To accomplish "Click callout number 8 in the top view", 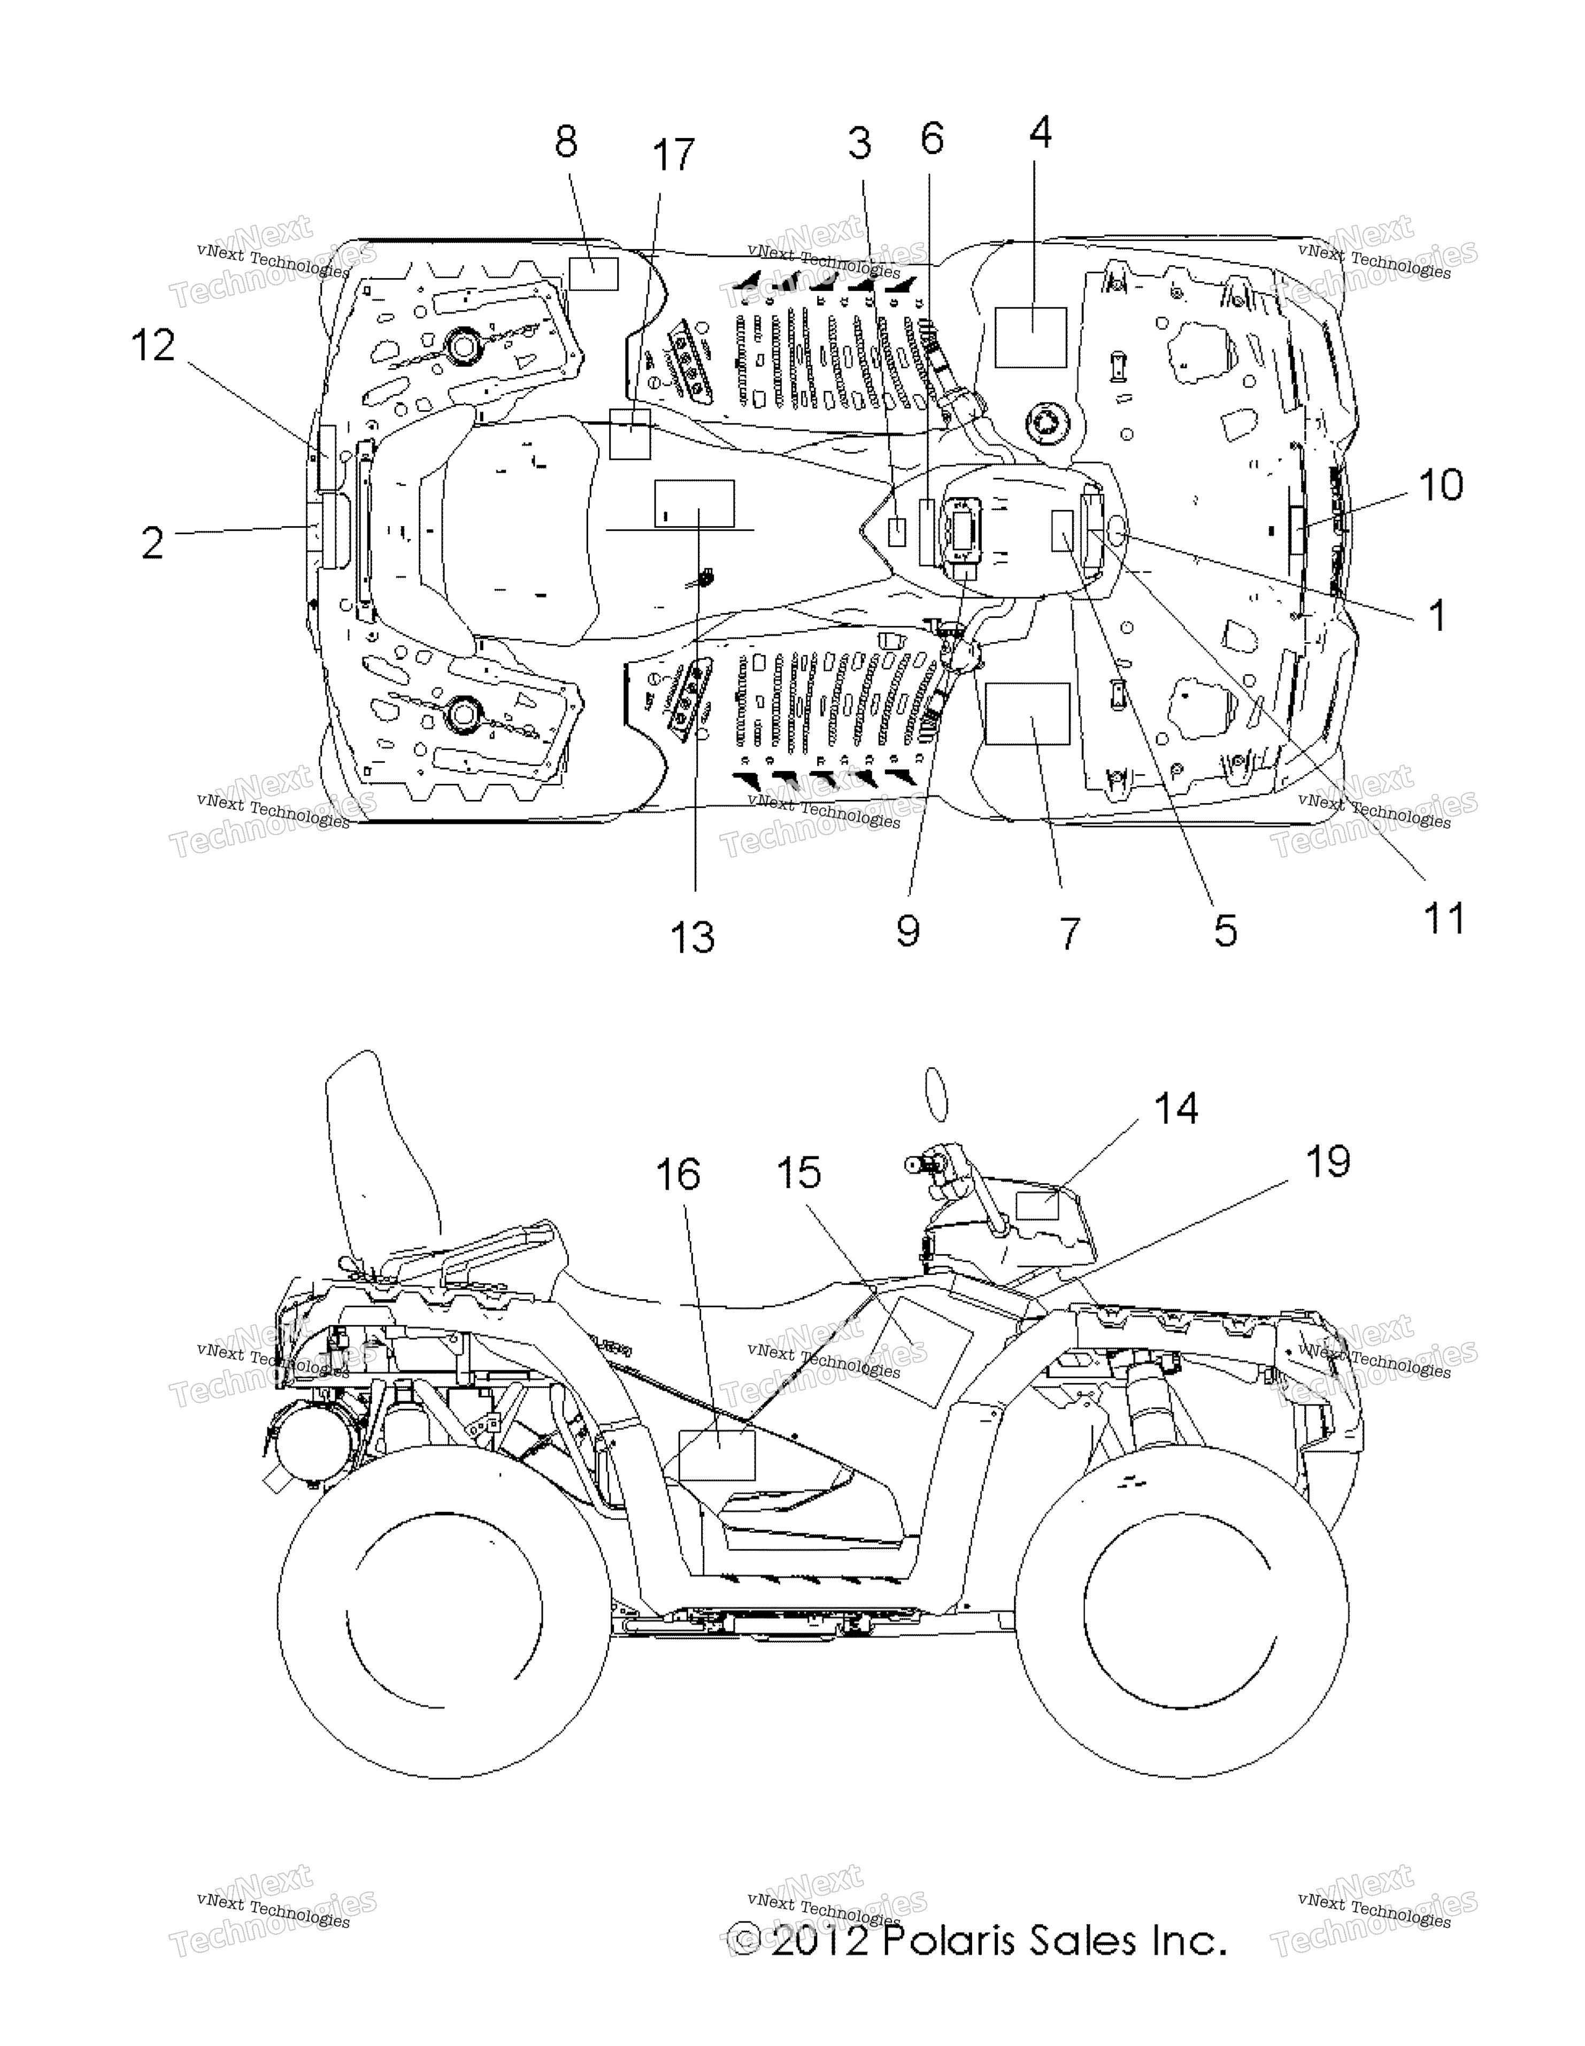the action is pos(566,142).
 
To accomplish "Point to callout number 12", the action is pos(153,346).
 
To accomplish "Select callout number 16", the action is pos(678,1175).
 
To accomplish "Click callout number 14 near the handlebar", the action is pos(1175,1109).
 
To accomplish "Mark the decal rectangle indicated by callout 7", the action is pos(1028,714).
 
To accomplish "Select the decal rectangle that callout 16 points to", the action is pos(717,1455).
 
